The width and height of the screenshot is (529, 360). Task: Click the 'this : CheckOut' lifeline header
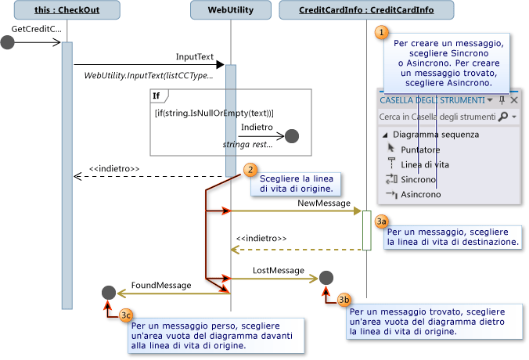tap(67, 10)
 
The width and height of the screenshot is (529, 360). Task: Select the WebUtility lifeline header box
tap(231, 10)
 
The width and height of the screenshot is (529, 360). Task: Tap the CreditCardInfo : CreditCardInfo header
tap(366, 10)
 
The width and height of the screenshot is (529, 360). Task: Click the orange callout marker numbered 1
tap(382, 32)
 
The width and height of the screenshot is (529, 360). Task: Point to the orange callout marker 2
tap(250, 169)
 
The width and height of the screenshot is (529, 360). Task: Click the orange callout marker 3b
tap(344, 300)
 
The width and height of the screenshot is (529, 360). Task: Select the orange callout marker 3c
tap(127, 315)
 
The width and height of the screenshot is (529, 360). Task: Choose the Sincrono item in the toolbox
tap(419, 179)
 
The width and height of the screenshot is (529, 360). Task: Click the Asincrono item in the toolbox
tap(420, 194)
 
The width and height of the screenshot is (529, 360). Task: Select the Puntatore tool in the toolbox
tap(419, 149)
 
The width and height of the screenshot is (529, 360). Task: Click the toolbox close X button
tap(514, 100)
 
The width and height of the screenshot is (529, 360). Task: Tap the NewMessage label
tap(323, 203)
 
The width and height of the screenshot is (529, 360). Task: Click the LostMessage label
tap(278, 270)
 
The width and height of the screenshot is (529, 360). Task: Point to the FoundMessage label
tap(160, 286)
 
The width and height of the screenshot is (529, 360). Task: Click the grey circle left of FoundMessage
tap(110, 293)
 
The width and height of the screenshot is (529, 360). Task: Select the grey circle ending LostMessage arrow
tap(326, 277)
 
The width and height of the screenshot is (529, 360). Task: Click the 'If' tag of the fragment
tap(157, 95)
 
